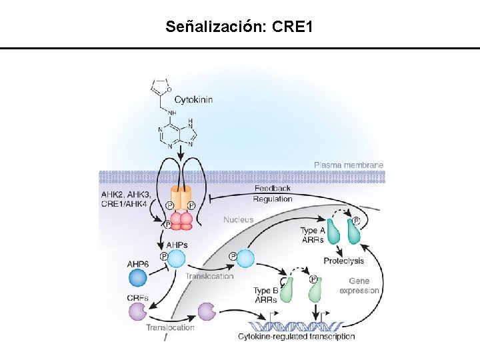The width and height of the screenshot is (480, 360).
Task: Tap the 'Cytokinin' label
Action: (x=193, y=99)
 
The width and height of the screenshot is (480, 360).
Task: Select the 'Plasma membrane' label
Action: (x=349, y=165)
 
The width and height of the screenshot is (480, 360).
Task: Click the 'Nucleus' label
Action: (x=238, y=219)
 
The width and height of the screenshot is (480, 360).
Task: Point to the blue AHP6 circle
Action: (x=137, y=277)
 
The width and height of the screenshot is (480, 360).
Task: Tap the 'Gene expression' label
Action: (x=359, y=286)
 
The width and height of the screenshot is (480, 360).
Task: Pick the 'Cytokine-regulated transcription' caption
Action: (x=296, y=337)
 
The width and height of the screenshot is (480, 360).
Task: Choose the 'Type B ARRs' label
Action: (x=265, y=295)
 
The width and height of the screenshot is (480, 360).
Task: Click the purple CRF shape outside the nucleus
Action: (x=137, y=311)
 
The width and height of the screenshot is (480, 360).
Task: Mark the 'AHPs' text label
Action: (x=176, y=245)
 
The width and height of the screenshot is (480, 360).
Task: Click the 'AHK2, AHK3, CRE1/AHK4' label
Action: (x=125, y=199)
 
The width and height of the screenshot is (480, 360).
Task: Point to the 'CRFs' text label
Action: (x=137, y=297)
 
